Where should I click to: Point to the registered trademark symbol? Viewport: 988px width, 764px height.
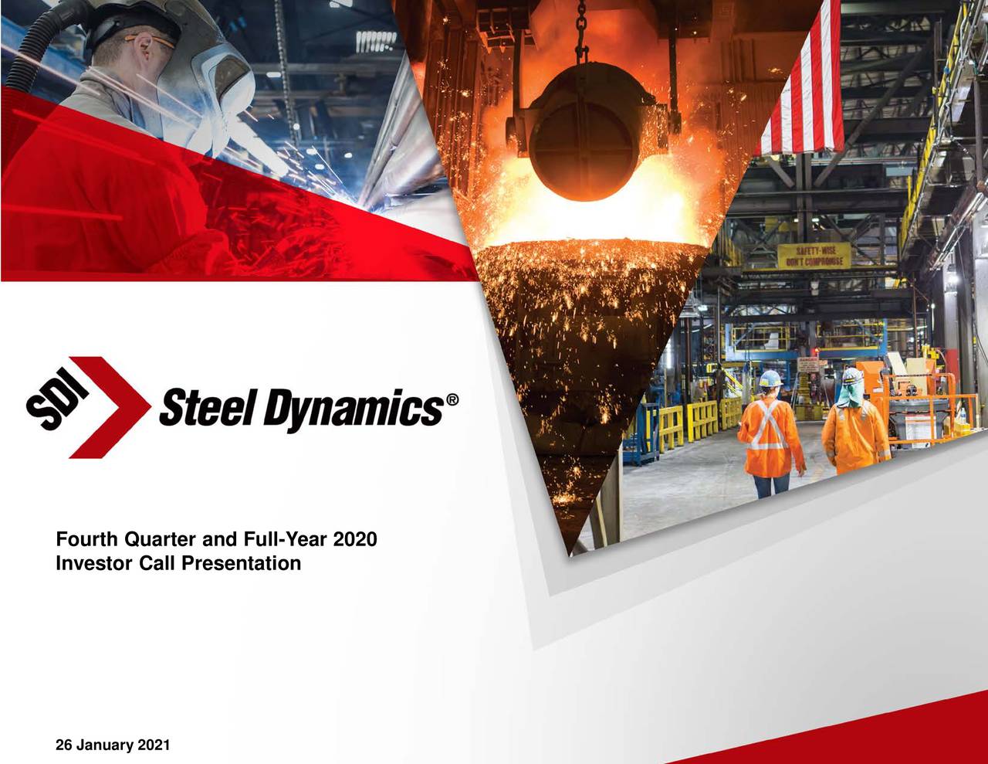click(452, 399)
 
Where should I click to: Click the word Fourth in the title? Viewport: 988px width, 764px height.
click(86, 538)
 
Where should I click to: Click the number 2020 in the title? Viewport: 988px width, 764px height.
click(356, 538)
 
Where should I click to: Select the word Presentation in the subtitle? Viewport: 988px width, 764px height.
click(241, 563)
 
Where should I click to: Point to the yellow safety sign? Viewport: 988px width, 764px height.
click(813, 256)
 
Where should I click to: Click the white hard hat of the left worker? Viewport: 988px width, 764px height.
click(770, 378)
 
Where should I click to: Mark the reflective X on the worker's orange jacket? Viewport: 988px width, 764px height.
click(769, 426)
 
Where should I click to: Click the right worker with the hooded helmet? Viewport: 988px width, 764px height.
click(854, 425)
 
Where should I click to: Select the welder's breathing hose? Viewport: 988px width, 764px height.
click(39, 46)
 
